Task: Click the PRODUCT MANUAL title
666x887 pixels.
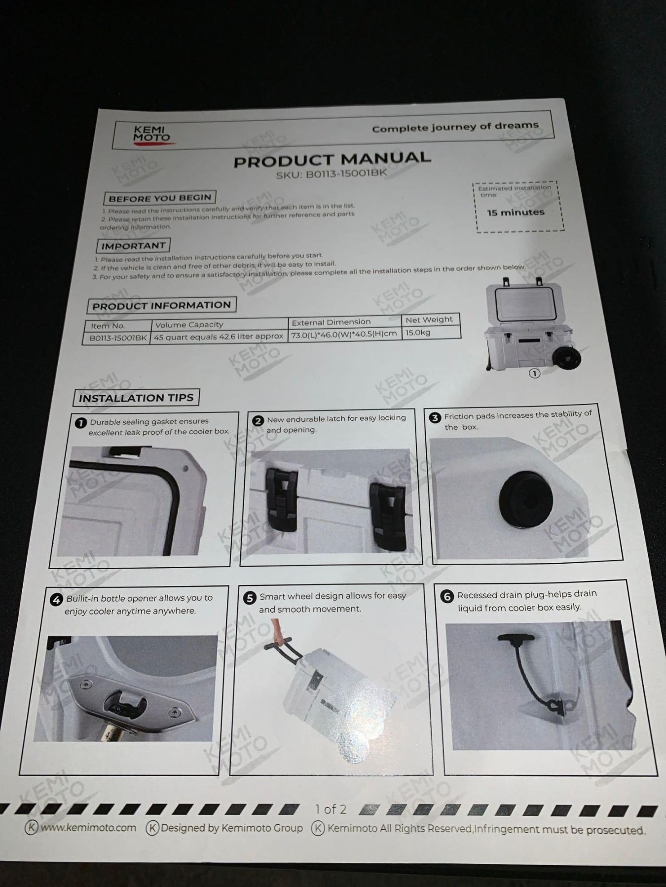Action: tap(332, 159)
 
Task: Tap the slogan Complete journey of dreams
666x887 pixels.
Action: tap(455, 127)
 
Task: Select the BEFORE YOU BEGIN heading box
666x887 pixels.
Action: tap(160, 198)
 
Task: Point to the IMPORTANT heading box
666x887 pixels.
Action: tap(133, 245)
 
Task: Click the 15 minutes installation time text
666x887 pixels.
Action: tap(516, 212)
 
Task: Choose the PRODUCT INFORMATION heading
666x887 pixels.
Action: tap(161, 305)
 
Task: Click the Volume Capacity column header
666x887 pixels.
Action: tap(189, 324)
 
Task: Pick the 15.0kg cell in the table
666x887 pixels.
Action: tap(418, 333)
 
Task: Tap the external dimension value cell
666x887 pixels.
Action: tap(344, 335)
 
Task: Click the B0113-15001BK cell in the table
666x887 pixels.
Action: tap(117, 338)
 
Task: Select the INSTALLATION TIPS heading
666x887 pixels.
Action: tap(136, 398)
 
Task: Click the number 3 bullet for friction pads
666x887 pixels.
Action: tap(435, 418)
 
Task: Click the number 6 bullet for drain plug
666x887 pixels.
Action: tap(447, 596)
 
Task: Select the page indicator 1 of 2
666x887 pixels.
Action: tap(331, 809)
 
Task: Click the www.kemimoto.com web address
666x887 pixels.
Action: tap(88, 827)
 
